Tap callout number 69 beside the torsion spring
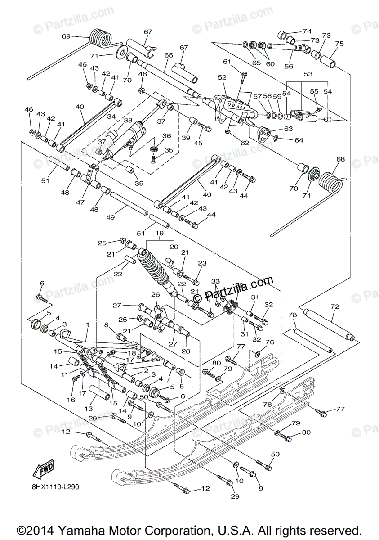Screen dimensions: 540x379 (x=67, y=36)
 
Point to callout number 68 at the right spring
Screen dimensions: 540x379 (x=341, y=159)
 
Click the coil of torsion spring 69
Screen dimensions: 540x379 (x=100, y=37)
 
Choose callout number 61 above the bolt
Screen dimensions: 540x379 (x=227, y=62)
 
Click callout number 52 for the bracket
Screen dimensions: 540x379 (x=222, y=77)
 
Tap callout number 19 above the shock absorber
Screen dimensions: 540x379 (x=160, y=234)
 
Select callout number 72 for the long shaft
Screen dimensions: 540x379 (x=335, y=306)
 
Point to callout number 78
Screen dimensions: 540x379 (x=293, y=315)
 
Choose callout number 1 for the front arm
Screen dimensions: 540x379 (x=88, y=324)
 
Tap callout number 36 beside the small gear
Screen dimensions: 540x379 (x=167, y=136)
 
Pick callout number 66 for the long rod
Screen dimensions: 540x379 (x=169, y=55)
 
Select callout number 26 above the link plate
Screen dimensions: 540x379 (x=156, y=295)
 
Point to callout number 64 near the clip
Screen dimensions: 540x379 (x=299, y=140)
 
